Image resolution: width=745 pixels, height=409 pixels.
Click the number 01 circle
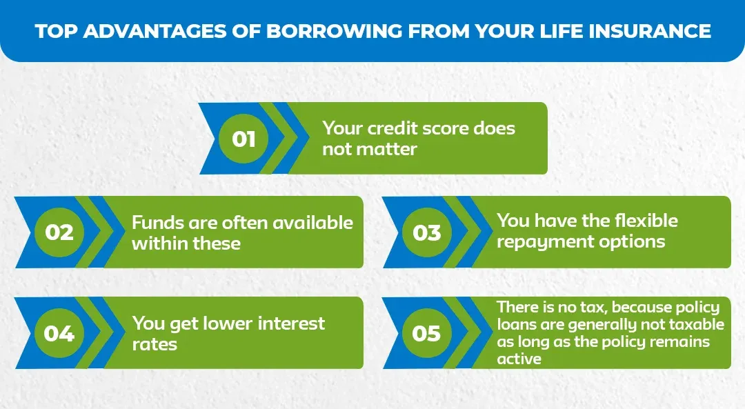tap(244, 139)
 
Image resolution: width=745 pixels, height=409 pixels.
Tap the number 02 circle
tap(59, 232)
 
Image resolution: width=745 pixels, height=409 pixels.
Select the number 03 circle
tap(426, 232)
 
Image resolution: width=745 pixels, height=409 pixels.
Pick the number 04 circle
tap(59, 333)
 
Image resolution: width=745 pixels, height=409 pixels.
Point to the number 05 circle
tap(426, 333)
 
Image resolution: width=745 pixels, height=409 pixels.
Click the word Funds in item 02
tap(157, 223)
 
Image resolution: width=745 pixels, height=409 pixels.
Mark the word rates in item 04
tap(155, 343)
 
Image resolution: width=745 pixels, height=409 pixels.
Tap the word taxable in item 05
tap(696, 324)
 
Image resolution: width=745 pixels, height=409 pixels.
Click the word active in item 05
tap(519, 359)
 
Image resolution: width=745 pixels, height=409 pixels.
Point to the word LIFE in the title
tap(557, 31)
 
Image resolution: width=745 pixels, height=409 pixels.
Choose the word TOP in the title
tap(53, 31)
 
